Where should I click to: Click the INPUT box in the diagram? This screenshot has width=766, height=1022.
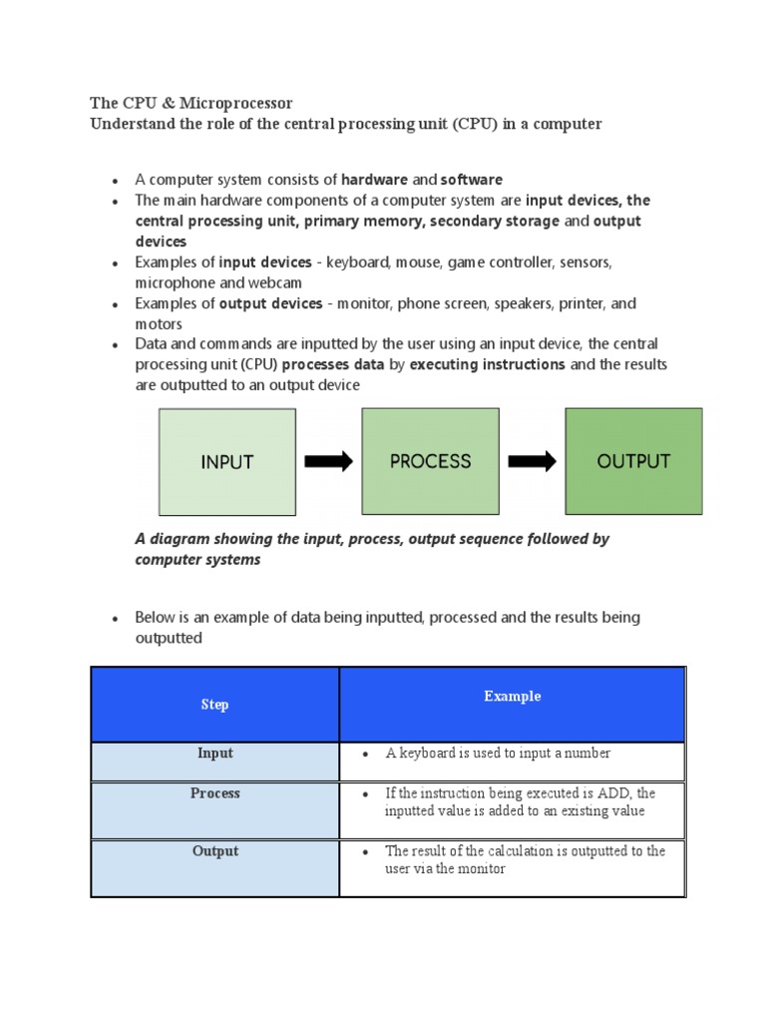(x=226, y=462)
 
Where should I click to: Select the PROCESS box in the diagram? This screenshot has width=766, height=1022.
(x=430, y=462)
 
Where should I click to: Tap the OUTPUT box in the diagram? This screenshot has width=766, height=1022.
(x=633, y=462)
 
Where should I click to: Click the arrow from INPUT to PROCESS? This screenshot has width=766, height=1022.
(x=328, y=461)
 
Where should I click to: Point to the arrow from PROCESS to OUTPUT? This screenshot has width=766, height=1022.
(x=532, y=461)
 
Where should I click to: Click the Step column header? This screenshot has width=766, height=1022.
(x=214, y=705)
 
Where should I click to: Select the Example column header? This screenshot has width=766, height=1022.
(x=513, y=697)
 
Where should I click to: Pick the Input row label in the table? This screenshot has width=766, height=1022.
(x=214, y=754)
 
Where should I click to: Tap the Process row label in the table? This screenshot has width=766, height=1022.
(x=215, y=793)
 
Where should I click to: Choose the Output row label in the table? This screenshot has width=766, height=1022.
(x=215, y=851)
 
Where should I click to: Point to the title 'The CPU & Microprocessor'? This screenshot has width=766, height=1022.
(x=191, y=104)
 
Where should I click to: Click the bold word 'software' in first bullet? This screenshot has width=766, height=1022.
(x=472, y=180)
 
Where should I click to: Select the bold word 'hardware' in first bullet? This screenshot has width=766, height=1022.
(x=374, y=180)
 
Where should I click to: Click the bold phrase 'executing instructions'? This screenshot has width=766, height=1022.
(x=488, y=364)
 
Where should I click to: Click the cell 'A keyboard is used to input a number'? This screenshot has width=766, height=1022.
(x=498, y=754)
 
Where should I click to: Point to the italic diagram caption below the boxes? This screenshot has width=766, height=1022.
(x=372, y=549)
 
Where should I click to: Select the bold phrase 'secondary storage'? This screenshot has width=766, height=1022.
(x=495, y=221)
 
